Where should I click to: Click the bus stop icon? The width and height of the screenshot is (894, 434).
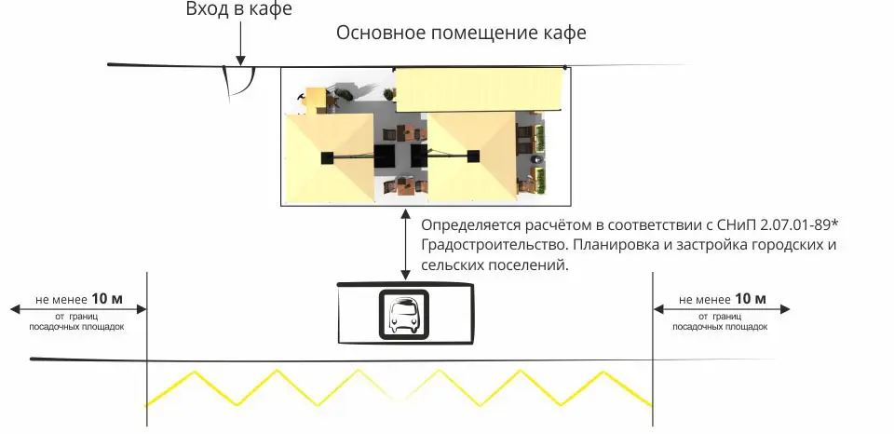coord(403,314)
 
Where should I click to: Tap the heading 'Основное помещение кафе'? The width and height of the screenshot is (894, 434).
coord(461,34)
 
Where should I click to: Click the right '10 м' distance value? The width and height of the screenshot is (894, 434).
coord(750,299)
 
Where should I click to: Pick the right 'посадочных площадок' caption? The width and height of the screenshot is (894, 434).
coord(720,327)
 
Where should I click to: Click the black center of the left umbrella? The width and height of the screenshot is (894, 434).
coord(327,157)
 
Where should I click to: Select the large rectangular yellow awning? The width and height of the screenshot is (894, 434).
coord(481,91)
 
